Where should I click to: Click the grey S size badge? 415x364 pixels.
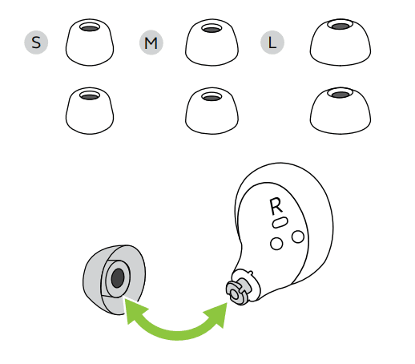point(36,42)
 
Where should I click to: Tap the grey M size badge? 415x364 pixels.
point(151,42)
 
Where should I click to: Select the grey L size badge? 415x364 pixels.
point(272,42)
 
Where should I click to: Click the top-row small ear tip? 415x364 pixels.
point(90,42)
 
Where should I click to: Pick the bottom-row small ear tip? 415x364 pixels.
point(90,111)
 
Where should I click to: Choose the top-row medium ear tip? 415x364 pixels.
point(212,42)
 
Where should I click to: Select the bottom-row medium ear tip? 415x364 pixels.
point(212,111)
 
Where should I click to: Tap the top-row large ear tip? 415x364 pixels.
point(340,42)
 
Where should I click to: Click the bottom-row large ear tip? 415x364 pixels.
point(340,111)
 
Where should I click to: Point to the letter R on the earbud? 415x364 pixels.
point(276,206)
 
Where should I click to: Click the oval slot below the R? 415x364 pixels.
point(280,222)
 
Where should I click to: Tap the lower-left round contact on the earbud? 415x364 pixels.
point(276,244)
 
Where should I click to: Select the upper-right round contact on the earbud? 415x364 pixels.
point(298,237)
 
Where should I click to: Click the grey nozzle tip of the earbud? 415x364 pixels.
point(237,291)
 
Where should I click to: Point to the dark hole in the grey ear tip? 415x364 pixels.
point(118,278)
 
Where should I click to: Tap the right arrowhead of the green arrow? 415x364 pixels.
point(217,314)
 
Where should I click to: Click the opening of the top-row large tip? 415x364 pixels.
point(340,26)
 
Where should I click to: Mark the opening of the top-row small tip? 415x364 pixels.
point(90,28)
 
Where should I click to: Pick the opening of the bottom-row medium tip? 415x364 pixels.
point(212,97)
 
